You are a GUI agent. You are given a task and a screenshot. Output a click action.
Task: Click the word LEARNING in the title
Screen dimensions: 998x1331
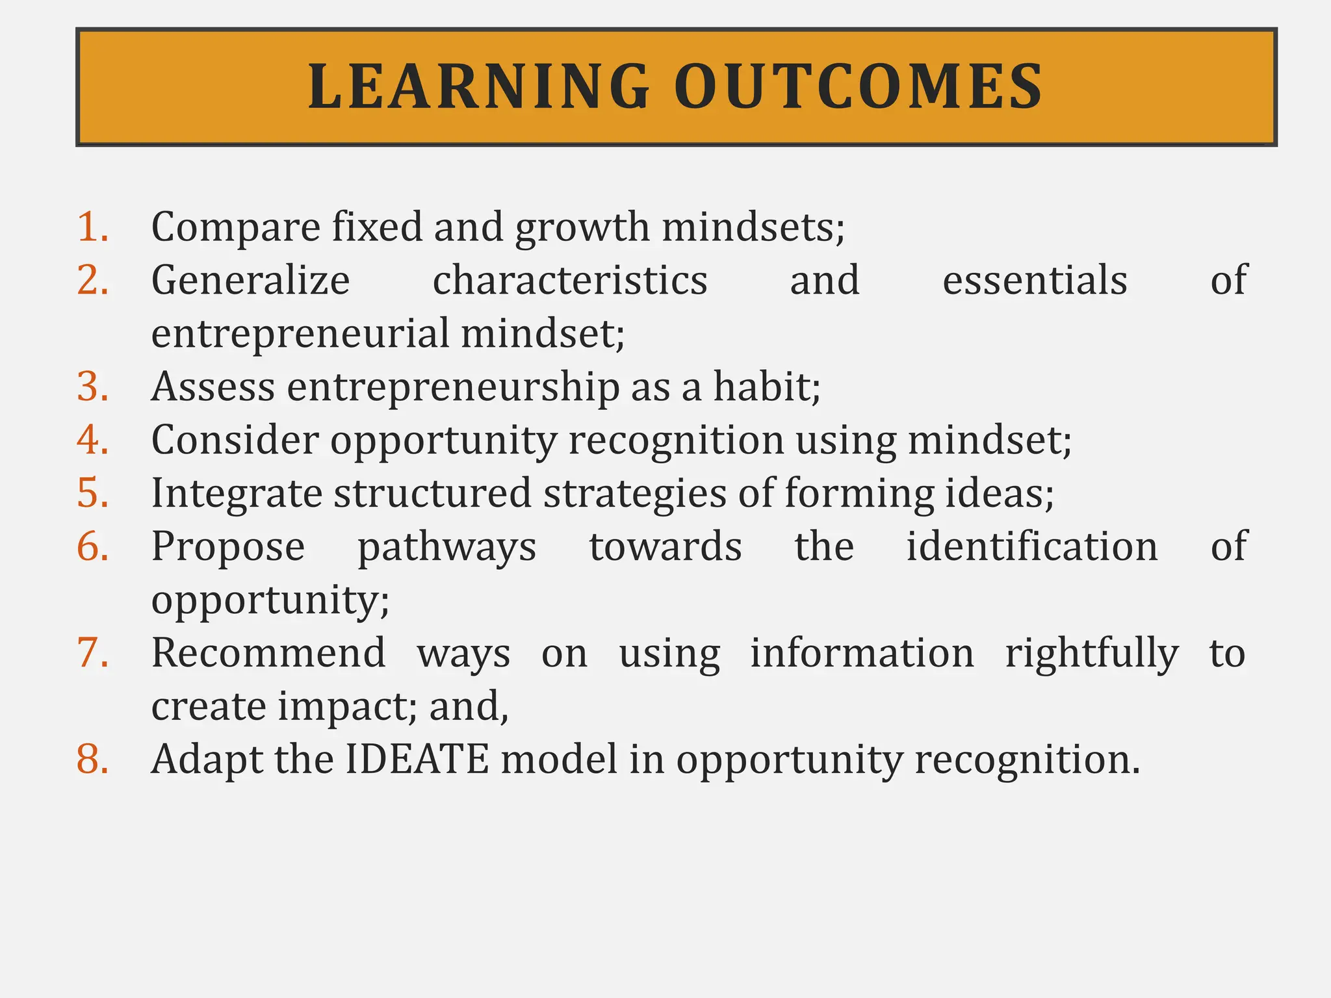(x=479, y=86)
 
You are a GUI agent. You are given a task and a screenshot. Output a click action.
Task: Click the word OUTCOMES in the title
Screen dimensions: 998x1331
(x=859, y=86)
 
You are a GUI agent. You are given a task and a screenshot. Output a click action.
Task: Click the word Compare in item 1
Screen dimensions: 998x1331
(x=236, y=227)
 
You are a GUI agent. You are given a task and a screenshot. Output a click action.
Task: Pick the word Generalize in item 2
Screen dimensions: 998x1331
(x=251, y=281)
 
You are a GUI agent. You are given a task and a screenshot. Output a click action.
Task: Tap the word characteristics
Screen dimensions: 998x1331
(x=570, y=281)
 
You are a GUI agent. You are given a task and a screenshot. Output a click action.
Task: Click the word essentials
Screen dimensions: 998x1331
(x=1035, y=281)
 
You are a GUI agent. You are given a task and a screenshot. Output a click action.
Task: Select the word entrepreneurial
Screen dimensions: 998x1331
(x=300, y=334)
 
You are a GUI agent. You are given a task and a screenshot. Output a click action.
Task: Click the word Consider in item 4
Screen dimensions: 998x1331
(x=235, y=440)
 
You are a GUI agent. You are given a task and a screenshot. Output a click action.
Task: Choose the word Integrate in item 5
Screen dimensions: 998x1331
(x=237, y=493)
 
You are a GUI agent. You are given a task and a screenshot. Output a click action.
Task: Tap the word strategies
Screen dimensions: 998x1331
(x=634, y=493)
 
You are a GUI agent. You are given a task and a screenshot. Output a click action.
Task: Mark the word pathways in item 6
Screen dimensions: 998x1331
(x=447, y=546)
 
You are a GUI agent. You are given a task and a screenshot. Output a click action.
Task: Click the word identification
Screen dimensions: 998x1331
(x=1032, y=546)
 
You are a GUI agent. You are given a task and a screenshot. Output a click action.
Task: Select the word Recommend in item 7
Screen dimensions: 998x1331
(x=268, y=653)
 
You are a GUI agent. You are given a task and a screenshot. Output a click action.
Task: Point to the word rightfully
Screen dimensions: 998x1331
(x=1092, y=653)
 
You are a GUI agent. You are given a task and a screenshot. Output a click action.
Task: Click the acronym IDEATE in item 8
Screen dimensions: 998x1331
(x=417, y=759)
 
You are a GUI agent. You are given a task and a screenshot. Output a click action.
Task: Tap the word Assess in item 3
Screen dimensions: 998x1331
(x=213, y=387)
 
